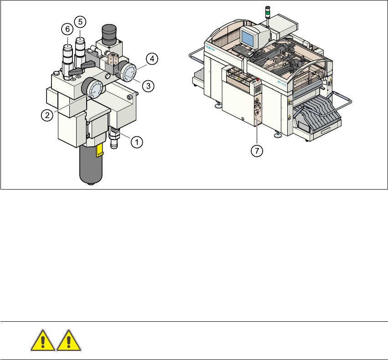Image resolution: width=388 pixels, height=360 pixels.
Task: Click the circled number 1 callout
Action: [135, 142]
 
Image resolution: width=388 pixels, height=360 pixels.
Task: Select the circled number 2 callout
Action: [47, 115]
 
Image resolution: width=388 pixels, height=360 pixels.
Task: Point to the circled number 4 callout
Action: [152, 58]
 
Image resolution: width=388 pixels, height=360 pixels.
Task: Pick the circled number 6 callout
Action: [67, 28]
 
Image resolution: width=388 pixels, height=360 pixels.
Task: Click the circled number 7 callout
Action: [258, 151]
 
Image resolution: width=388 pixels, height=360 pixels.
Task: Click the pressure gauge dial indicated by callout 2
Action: [95, 89]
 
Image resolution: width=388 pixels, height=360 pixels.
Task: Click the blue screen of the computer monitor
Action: [249, 36]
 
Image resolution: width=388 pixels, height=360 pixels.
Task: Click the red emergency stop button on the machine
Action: [258, 80]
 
